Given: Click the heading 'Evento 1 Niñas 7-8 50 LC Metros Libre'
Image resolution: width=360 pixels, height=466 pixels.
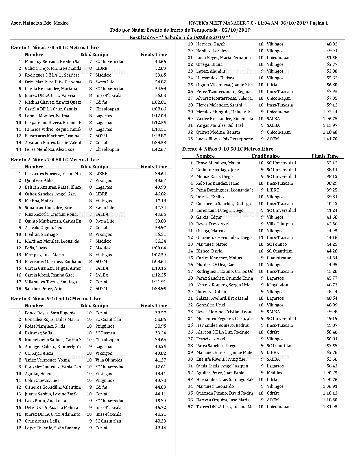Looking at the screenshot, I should (54, 47).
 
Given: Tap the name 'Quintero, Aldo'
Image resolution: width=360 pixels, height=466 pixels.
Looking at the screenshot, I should (39, 180).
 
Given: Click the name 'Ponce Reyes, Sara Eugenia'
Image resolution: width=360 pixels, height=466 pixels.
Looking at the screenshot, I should (50, 313).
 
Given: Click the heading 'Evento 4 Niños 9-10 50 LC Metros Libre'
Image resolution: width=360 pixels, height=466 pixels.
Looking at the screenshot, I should (228, 149).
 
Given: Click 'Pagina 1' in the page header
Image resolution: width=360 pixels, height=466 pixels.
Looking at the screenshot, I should (319, 23).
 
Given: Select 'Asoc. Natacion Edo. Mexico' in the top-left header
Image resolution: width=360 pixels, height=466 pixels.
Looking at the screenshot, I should (40, 23).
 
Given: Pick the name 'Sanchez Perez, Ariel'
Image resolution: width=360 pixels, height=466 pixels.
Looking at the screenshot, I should (44, 289).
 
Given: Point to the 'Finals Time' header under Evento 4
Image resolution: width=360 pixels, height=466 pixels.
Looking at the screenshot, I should (325, 156).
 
